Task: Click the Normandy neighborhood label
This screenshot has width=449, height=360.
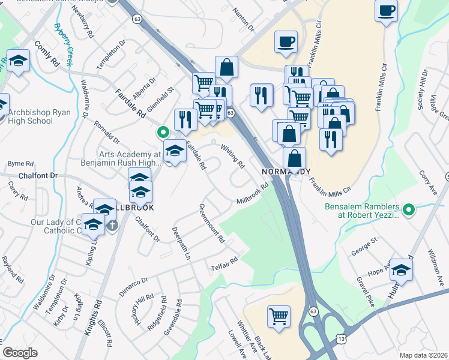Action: click(286, 171)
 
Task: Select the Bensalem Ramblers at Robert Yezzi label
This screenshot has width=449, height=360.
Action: click(361, 210)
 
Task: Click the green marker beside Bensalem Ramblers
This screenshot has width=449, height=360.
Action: click(409, 209)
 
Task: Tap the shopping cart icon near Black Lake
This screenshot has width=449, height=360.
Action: click(279, 316)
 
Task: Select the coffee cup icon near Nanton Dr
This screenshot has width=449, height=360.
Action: click(286, 42)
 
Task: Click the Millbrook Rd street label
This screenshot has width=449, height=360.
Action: click(252, 193)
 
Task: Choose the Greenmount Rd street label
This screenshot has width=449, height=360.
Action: click(211, 223)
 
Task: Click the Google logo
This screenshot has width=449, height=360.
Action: click(20, 353)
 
